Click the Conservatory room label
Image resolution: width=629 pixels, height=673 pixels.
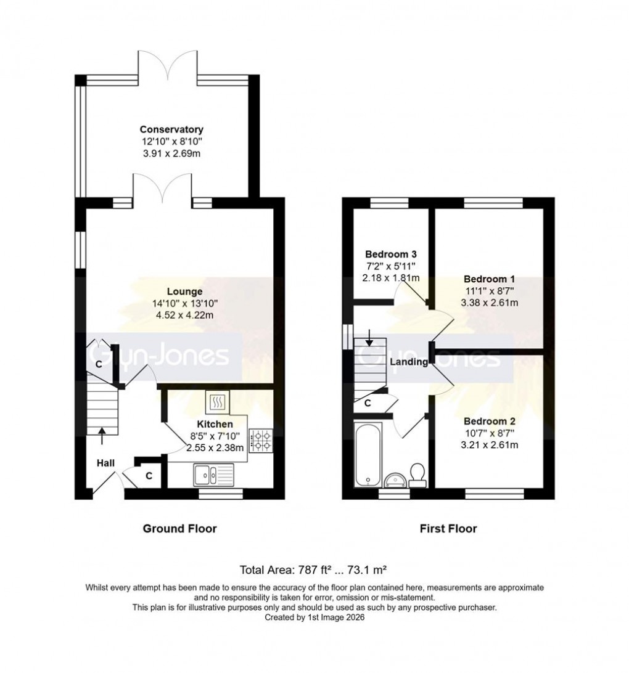pos(171,129)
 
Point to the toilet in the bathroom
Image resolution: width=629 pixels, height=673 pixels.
pos(417,475)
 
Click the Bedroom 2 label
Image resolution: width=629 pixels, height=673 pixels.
pos(490,422)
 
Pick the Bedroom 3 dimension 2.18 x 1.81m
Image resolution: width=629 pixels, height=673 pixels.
pos(391,277)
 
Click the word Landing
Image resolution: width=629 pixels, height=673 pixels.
pos(408,362)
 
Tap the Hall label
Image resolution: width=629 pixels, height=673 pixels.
pos(105,462)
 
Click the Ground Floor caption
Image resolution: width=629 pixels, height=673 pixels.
pos(179,528)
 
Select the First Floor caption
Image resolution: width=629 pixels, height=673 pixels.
pos(448,528)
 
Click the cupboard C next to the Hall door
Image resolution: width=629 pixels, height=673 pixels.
pos(149,475)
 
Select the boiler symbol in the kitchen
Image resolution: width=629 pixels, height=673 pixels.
pos(218,403)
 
